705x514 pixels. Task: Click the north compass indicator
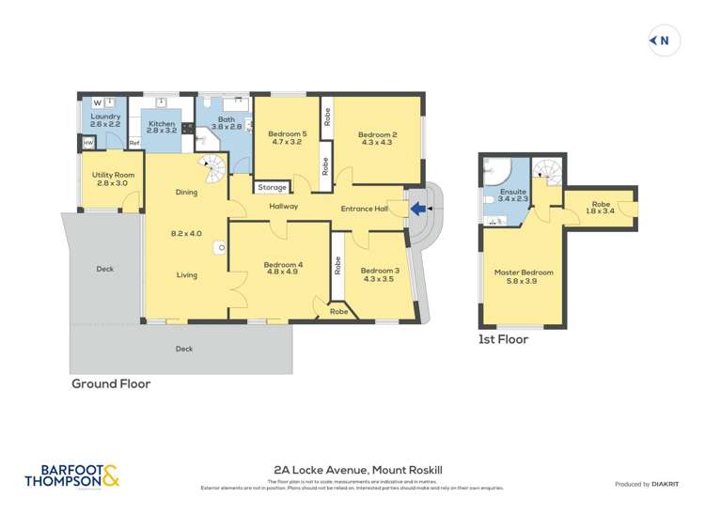click(664, 40)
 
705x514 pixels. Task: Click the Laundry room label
click(105, 120)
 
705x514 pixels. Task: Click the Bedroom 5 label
click(286, 138)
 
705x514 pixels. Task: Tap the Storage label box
click(273, 187)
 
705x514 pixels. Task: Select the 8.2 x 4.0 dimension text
click(186, 233)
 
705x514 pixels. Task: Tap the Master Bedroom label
click(524, 276)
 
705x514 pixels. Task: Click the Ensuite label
click(512, 195)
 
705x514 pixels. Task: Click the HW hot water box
click(87, 143)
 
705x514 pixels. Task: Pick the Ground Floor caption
click(111, 383)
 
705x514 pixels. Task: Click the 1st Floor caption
click(504, 339)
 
